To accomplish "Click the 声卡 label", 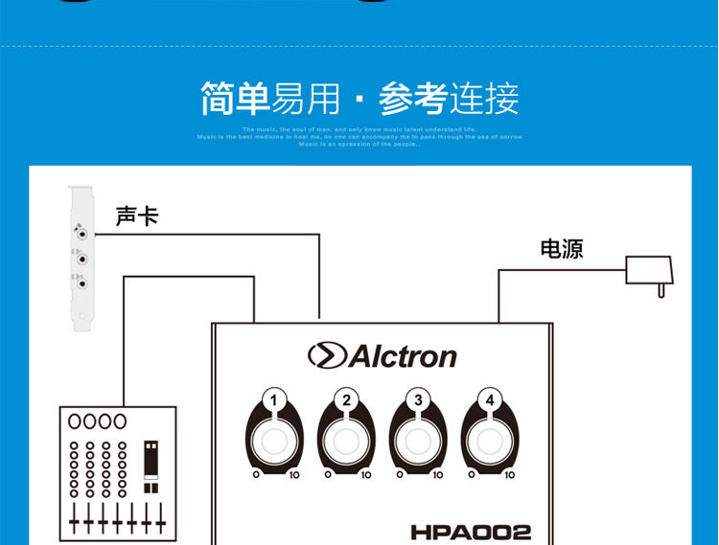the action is [x=136, y=216].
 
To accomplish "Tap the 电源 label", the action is [x=561, y=250].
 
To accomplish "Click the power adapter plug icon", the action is [x=648, y=272].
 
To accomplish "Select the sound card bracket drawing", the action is [x=83, y=259].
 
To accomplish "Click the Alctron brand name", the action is [x=402, y=357].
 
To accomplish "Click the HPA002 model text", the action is [x=471, y=532].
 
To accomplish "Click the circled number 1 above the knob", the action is [x=275, y=400].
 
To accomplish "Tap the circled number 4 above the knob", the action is [x=489, y=400].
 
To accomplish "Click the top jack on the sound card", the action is [x=83, y=232].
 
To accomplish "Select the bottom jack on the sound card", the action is [x=84, y=283].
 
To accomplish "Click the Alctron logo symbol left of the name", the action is [x=326, y=356].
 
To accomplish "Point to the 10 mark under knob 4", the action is [x=509, y=473].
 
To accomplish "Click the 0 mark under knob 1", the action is [x=256, y=473].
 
